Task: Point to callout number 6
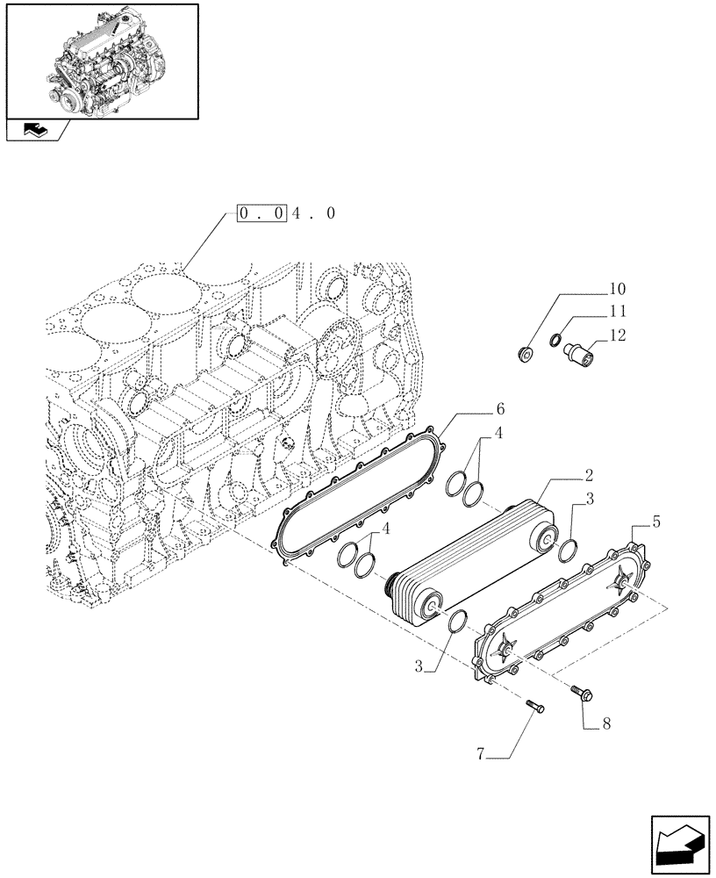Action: pos(500,409)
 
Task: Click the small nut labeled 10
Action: pos(526,355)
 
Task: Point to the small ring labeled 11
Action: pos(555,340)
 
